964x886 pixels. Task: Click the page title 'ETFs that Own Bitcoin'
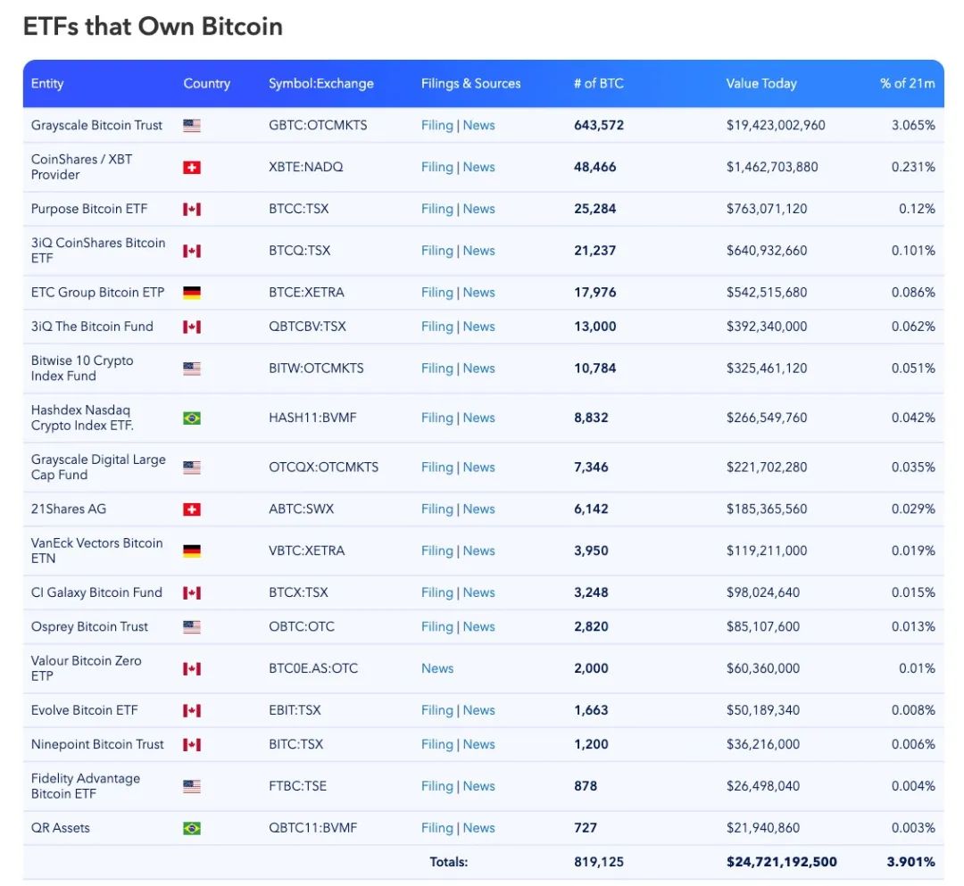click(x=153, y=27)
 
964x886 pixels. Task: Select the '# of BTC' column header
click(x=598, y=84)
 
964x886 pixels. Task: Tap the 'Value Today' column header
click(x=760, y=84)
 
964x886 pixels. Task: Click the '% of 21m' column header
click(x=907, y=84)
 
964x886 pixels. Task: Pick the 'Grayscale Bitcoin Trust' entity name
click(x=96, y=126)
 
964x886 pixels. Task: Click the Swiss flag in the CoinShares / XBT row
click(x=191, y=168)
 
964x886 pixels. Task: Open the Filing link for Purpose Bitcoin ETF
click(x=436, y=209)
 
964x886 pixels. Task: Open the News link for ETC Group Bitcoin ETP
click(x=478, y=293)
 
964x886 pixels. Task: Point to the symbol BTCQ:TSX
click(x=299, y=251)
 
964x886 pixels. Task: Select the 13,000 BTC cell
click(x=594, y=327)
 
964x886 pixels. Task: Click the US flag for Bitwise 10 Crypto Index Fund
click(x=191, y=368)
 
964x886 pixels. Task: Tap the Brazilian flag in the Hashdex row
click(x=191, y=418)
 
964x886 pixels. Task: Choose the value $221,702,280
click(x=766, y=468)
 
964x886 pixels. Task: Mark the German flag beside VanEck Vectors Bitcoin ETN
click(x=191, y=551)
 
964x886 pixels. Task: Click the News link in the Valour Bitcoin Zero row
click(x=437, y=668)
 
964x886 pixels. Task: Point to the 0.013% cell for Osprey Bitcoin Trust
click(x=913, y=627)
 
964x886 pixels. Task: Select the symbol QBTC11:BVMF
click(x=312, y=828)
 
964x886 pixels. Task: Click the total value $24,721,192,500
click(x=781, y=862)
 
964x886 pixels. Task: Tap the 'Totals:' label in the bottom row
click(x=448, y=862)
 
